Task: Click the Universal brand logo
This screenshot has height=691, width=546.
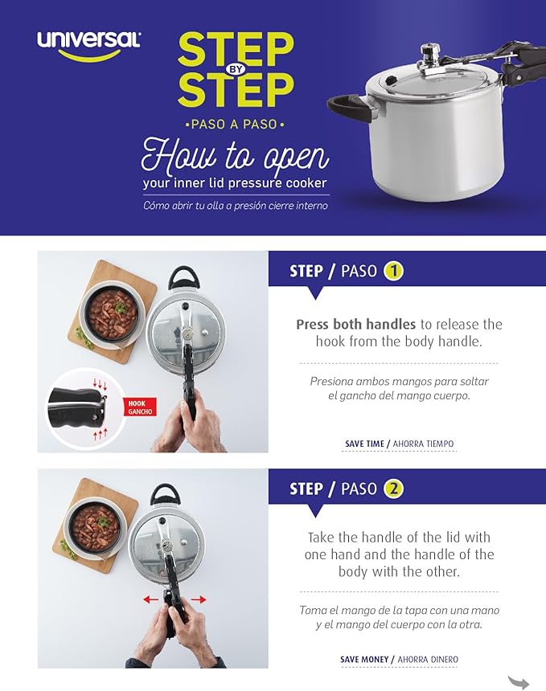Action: coord(88,42)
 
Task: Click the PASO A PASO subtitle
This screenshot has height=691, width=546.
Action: coord(235,125)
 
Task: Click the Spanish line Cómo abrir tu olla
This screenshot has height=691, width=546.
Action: coord(235,205)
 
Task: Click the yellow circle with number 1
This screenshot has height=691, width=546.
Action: coord(392,271)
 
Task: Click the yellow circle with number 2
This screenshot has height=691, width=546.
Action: coord(393,489)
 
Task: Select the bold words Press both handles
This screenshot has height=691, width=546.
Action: coord(355,325)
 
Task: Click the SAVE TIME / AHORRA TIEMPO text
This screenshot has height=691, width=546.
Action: coord(399,444)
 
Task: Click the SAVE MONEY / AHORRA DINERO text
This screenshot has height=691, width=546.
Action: coord(399,660)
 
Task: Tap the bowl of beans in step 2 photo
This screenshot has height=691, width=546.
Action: coord(94,526)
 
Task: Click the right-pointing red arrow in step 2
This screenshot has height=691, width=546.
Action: coord(199,599)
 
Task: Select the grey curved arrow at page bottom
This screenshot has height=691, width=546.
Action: coord(519,682)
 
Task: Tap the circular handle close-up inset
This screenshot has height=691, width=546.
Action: coord(80,406)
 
